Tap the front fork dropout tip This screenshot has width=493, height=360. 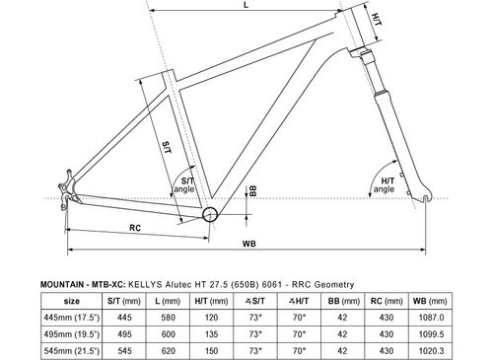[427, 200]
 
